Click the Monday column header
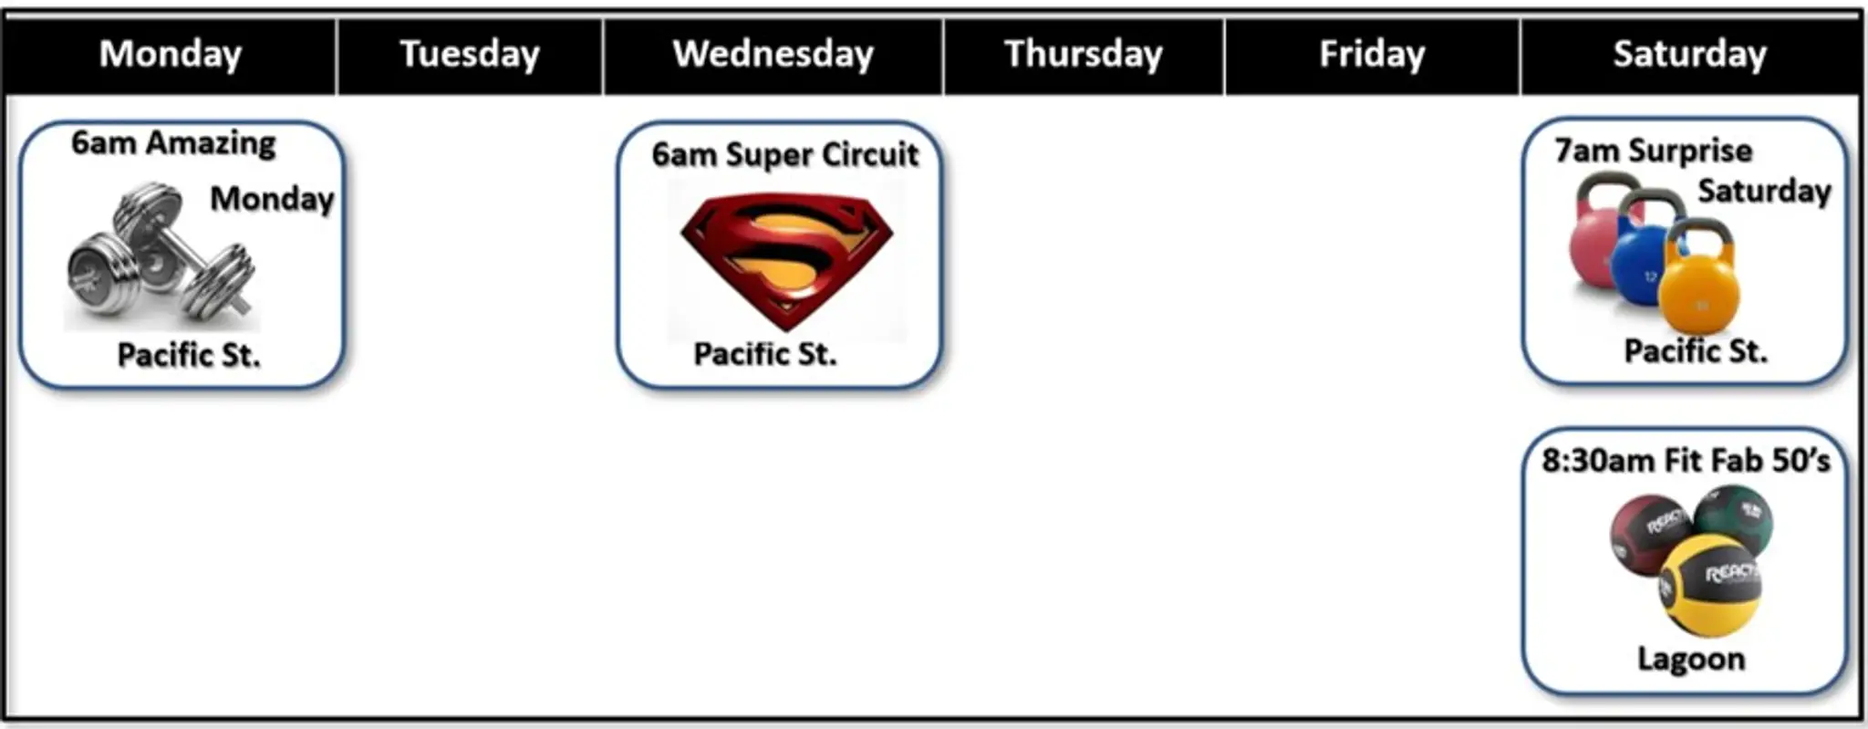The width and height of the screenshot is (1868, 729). (171, 55)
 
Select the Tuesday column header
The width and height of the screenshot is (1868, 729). (470, 55)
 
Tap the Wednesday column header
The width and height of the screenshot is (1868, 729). (773, 55)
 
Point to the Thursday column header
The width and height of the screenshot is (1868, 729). (1084, 55)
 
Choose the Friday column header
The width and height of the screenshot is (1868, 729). (1372, 55)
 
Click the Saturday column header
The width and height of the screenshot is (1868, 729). (1690, 55)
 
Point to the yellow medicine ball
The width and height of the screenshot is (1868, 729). (1709, 585)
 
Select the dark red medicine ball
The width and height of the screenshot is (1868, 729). (1649, 535)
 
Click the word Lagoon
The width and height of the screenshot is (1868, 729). (1691, 660)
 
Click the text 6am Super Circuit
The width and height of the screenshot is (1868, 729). (785, 155)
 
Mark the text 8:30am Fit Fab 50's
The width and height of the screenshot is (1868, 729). (1686, 461)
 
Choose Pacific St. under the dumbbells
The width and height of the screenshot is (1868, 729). (189, 355)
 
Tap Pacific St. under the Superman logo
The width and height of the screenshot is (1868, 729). (765, 354)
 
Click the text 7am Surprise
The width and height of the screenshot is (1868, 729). (1654, 151)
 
